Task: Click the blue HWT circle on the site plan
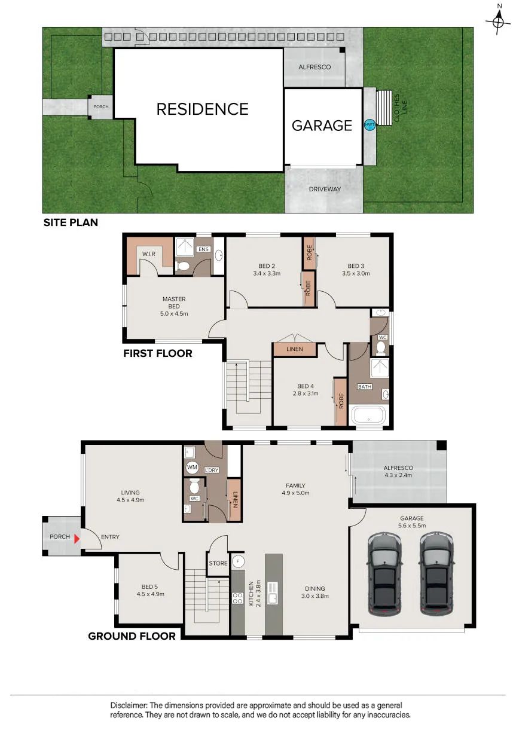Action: (x=370, y=124)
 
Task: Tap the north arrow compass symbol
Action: (x=499, y=22)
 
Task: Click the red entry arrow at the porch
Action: (x=77, y=539)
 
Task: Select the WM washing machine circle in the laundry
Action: (x=192, y=467)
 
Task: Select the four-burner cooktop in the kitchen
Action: (x=237, y=597)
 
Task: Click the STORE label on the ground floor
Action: (x=218, y=563)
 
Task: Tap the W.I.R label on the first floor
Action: (x=149, y=253)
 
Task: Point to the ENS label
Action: (x=203, y=249)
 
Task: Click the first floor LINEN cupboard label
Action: (x=295, y=349)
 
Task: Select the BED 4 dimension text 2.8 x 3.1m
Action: (x=306, y=393)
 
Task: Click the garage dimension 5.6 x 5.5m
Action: (x=412, y=526)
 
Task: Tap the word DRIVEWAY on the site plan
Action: (x=325, y=189)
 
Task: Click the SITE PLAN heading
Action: (x=71, y=222)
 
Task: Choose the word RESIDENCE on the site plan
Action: (x=203, y=109)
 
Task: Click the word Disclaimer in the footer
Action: (x=129, y=705)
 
